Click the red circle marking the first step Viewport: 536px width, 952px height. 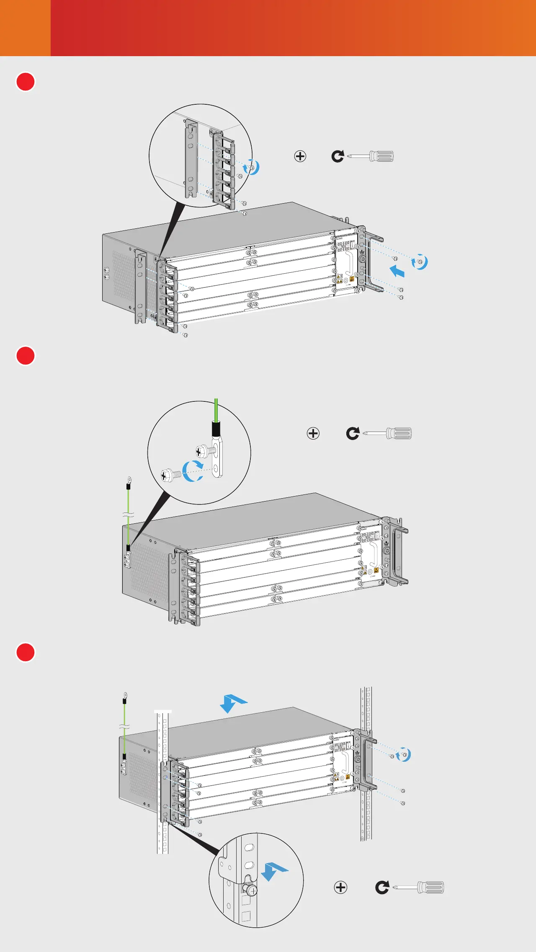(x=25, y=82)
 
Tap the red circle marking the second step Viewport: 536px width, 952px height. (x=25, y=356)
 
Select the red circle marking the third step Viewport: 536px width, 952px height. (x=25, y=652)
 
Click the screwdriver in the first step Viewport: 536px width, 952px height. (x=371, y=157)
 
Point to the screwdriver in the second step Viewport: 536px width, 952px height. (x=388, y=433)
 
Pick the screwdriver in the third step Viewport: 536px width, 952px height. (x=419, y=887)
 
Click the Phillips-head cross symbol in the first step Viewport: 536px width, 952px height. (x=300, y=156)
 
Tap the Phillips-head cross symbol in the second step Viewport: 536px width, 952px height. (x=313, y=433)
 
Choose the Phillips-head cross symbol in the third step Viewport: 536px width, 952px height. (x=340, y=887)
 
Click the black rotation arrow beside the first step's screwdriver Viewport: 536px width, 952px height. (x=338, y=156)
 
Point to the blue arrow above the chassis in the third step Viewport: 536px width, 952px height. (x=233, y=703)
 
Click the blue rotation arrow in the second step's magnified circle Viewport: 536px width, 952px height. (x=193, y=471)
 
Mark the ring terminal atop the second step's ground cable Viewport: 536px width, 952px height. (x=129, y=480)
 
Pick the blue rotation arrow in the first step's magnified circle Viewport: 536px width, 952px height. (x=252, y=167)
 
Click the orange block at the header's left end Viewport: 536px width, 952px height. (x=25, y=28)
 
